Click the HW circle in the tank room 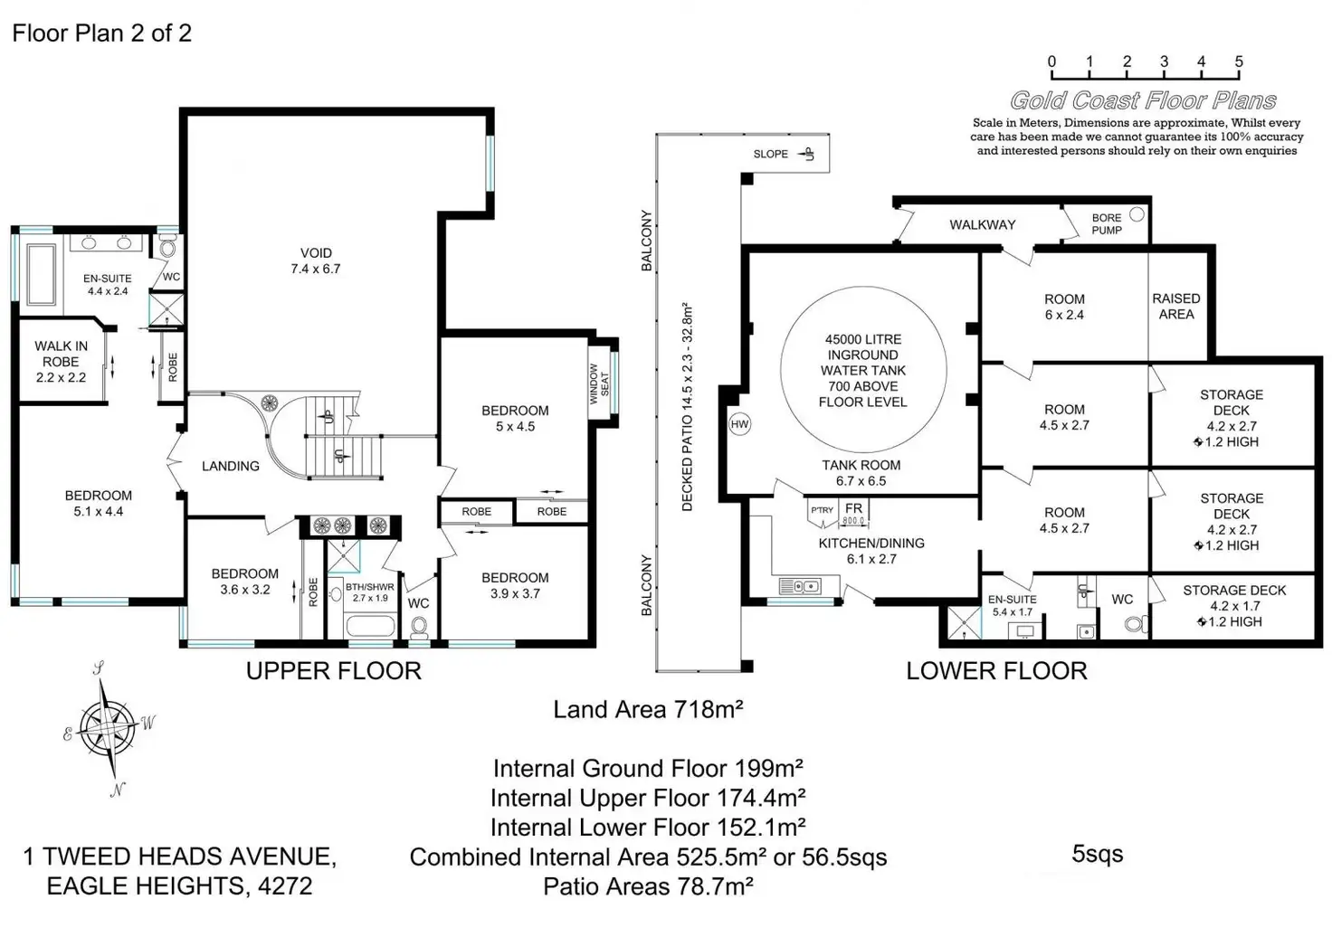pos(739,424)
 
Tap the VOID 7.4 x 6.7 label pos(316,260)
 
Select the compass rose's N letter pos(117,790)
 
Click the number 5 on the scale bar pos(1239,62)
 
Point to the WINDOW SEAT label pos(599,383)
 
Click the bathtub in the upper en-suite pos(42,275)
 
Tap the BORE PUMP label pos(1107,224)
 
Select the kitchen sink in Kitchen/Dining pos(800,586)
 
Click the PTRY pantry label pos(822,510)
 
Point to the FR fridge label pos(853,508)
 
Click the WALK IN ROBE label pos(61,361)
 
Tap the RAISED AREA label pos(1176,306)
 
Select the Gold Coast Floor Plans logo pos(1143,100)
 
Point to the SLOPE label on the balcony pos(770,154)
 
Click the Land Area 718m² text pos(648,709)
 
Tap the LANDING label pos(230,466)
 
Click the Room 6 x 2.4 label pos(1064,307)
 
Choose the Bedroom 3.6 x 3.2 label pos(245,582)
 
